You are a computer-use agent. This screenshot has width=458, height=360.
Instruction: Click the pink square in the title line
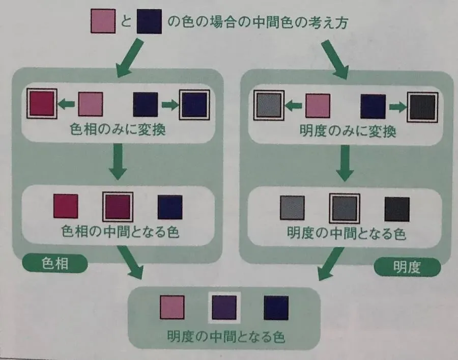103,21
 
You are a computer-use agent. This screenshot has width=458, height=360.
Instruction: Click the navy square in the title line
149,21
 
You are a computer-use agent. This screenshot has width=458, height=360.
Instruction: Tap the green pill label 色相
55,264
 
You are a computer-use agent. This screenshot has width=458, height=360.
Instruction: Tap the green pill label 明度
407,267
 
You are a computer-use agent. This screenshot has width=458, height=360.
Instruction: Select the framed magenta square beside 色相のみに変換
42,104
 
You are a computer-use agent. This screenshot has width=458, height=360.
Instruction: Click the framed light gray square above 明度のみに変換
269,105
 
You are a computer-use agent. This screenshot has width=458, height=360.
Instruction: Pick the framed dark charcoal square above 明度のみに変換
423,107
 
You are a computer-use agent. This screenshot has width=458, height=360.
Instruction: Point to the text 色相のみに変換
118,129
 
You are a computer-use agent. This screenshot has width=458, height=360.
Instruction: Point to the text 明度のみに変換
348,131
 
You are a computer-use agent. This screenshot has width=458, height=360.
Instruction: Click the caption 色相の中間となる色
120,232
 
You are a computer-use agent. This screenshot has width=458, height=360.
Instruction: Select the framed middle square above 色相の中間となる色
118,207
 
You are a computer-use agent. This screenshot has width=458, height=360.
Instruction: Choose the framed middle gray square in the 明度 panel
345,208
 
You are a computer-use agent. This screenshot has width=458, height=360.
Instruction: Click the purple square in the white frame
224,308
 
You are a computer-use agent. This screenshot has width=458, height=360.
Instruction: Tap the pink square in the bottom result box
173,307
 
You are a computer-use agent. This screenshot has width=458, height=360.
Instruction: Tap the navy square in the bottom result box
276,308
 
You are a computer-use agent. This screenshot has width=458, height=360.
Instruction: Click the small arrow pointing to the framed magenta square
66,104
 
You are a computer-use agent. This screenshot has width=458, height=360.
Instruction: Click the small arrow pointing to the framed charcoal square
398,107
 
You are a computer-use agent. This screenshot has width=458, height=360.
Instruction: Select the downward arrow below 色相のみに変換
118,161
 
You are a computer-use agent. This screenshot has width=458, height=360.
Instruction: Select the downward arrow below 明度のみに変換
345,163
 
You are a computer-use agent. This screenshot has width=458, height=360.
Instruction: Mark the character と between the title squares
126,21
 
